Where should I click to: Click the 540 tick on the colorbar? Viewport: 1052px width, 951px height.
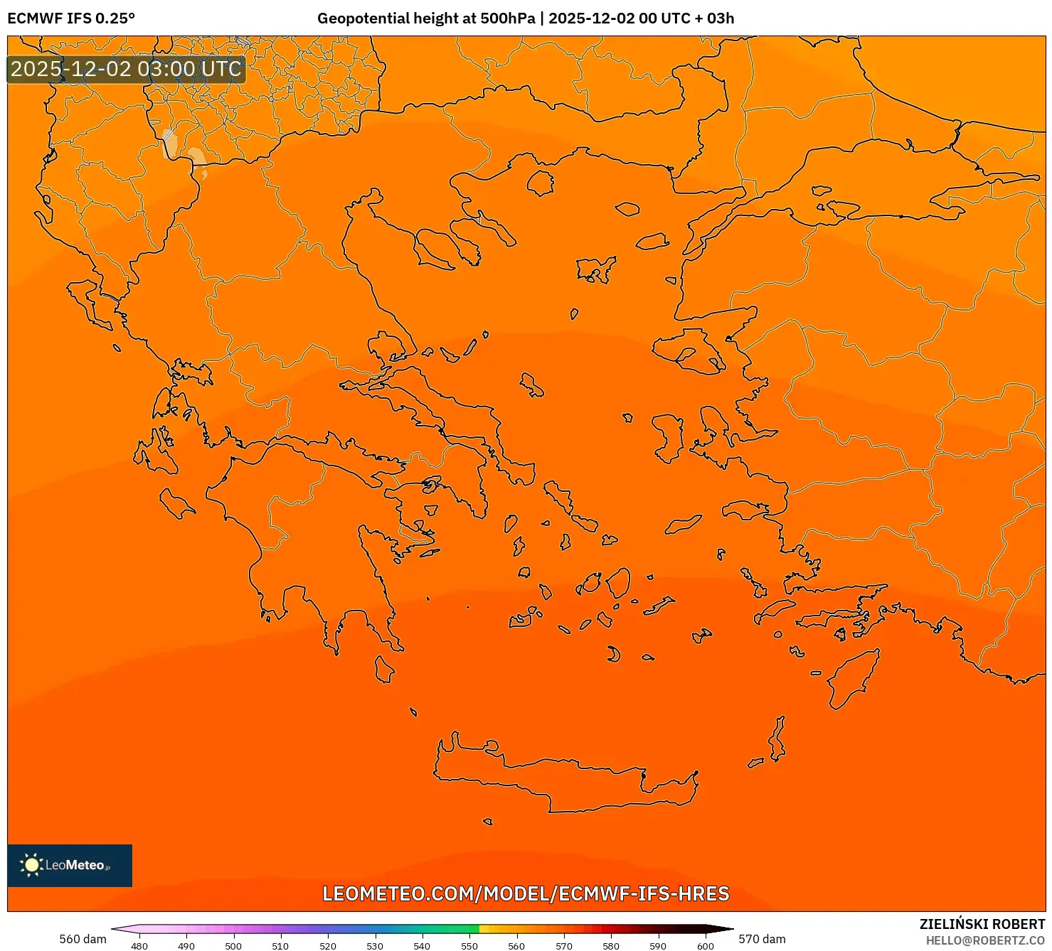coord(422,945)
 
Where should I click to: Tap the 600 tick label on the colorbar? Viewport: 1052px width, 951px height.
coord(705,945)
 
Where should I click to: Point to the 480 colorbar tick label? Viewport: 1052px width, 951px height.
coord(139,945)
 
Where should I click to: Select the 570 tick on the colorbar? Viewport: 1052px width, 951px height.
coord(563,945)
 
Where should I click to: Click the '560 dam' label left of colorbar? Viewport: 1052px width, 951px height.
coord(83,939)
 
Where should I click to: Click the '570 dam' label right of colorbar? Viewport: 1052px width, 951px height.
coord(762,939)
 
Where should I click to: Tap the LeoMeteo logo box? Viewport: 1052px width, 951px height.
coord(70,865)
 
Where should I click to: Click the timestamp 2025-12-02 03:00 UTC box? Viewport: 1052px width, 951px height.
coord(126,70)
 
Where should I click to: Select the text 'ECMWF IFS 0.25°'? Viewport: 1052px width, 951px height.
coord(71,18)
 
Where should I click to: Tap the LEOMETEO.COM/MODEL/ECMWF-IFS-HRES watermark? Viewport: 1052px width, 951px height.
coord(526,893)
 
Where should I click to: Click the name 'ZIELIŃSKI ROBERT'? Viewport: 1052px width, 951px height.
coord(982,924)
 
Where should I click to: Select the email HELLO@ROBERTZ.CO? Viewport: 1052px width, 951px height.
coord(985,940)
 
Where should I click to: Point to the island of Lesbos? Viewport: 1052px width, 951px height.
coord(686,353)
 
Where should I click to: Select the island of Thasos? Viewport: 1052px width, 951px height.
coord(540,183)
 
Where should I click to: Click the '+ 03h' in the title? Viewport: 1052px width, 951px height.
coord(720,18)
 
